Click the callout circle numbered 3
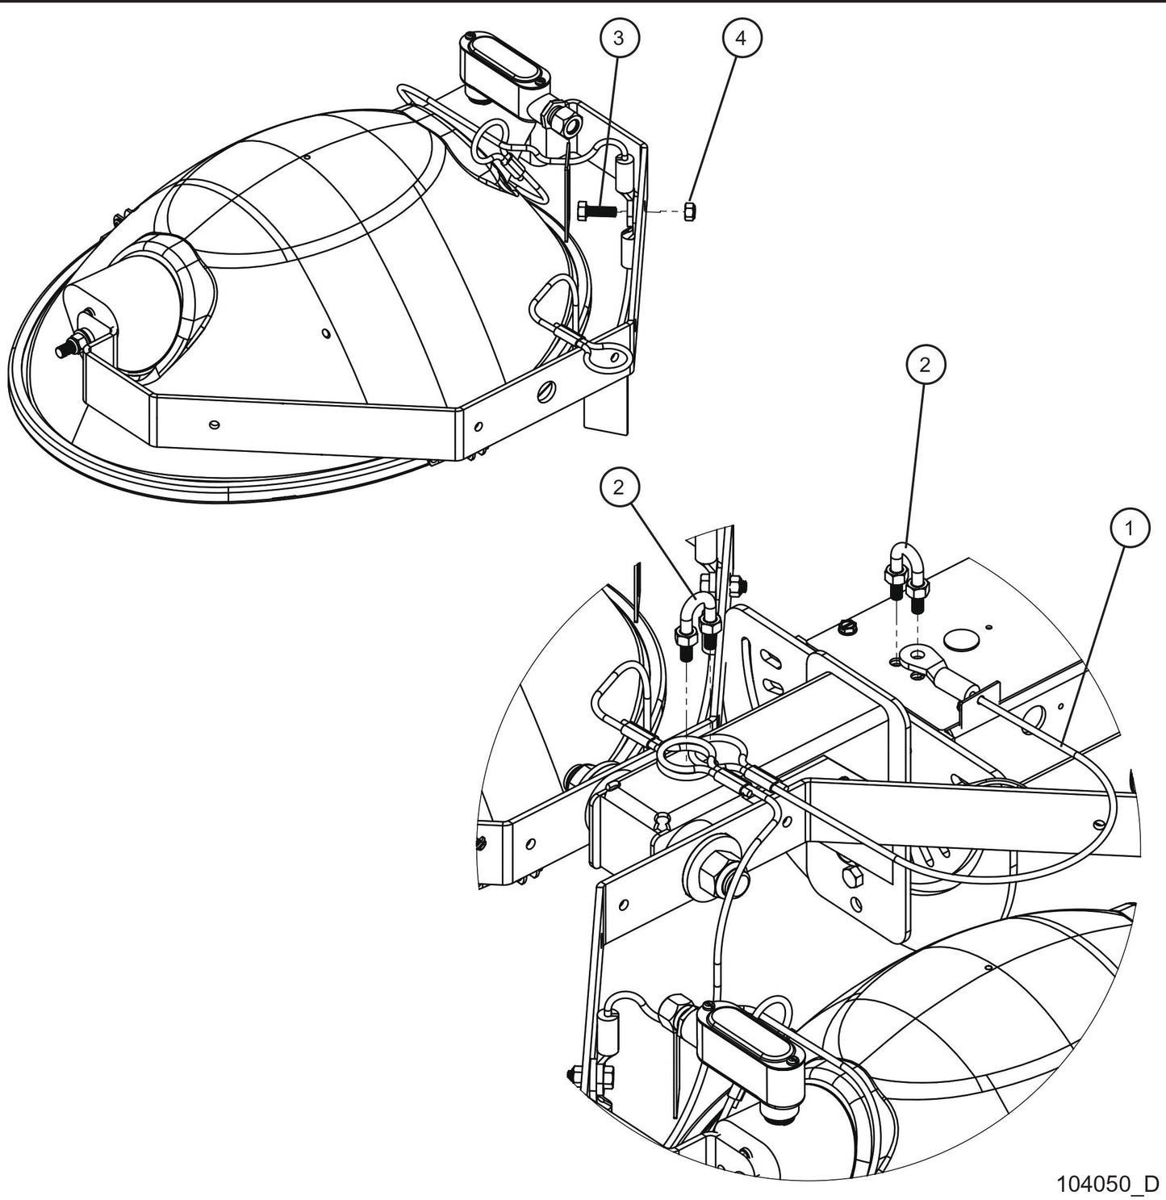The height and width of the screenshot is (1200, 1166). point(619,38)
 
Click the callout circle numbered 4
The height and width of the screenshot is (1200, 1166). point(742,38)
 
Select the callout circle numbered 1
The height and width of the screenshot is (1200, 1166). point(1130,529)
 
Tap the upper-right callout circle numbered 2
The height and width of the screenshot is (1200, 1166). point(925,365)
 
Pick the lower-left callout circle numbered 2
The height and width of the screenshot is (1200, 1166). point(619,487)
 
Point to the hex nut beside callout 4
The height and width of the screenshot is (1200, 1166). point(690,211)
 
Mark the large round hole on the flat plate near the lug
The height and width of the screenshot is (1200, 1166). point(961,638)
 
